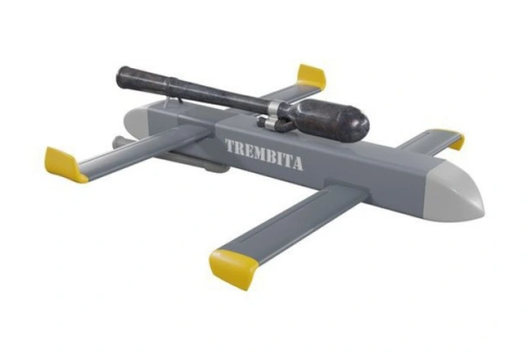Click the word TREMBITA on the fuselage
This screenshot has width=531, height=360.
[x=264, y=155]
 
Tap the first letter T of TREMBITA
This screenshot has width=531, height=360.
[x=230, y=147]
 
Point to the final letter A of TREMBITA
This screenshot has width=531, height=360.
[x=297, y=164]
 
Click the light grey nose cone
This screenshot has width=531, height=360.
[x=457, y=194]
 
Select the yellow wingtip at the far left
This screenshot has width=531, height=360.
[x=65, y=165]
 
